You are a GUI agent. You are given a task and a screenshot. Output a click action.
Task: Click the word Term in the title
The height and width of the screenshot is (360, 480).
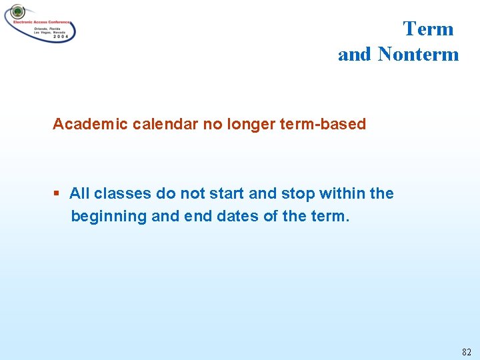[428, 29]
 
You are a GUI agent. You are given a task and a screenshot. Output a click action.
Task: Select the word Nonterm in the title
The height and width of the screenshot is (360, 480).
[418, 54]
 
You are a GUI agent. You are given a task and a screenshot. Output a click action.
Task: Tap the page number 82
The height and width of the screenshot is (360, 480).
[465, 351]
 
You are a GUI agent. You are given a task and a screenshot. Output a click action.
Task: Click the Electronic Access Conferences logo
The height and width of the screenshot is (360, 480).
[40, 23]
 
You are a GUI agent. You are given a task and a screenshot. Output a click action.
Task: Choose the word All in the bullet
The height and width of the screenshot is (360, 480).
[79, 193]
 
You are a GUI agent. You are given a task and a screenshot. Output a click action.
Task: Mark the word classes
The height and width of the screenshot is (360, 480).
[122, 193]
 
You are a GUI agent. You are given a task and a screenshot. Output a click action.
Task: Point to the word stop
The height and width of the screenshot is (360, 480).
[297, 194]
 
